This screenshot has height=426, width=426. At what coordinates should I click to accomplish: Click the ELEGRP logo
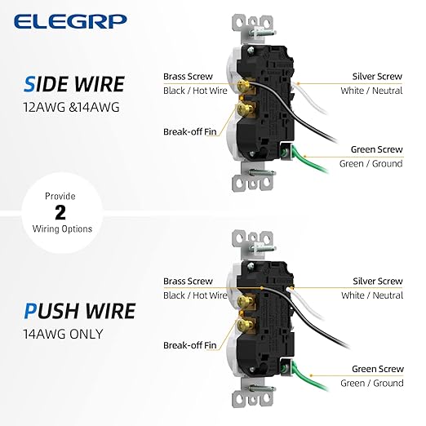(70, 21)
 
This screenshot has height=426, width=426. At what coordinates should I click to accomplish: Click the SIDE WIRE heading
(74, 84)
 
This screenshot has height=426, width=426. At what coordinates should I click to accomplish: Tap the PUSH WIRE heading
(80, 311)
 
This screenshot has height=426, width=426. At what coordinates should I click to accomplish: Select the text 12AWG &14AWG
(71, 107)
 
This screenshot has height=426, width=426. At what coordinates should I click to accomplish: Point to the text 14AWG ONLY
(63, 334)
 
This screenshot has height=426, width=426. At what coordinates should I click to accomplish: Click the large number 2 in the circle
(60, 212)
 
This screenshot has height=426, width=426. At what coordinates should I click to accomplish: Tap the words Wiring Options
(62, 229)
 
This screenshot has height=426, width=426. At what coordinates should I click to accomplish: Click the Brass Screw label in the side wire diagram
(188, 77)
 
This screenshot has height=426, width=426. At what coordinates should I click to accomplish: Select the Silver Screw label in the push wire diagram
(378, 281)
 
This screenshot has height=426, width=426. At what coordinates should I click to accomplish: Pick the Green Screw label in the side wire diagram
(376, 149)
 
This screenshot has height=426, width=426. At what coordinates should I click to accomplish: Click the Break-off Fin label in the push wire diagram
(190, 345)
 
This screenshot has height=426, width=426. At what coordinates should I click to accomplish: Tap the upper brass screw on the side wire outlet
(243, 86)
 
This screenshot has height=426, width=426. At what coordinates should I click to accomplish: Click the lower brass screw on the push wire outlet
(243, 324)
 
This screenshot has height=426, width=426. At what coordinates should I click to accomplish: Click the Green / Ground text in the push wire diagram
(372, 383)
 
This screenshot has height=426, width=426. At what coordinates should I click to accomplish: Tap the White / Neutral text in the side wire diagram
(371, 91)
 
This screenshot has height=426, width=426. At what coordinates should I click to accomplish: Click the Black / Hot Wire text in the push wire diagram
(195, 295)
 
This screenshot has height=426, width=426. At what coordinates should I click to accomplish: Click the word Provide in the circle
(60, 196)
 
